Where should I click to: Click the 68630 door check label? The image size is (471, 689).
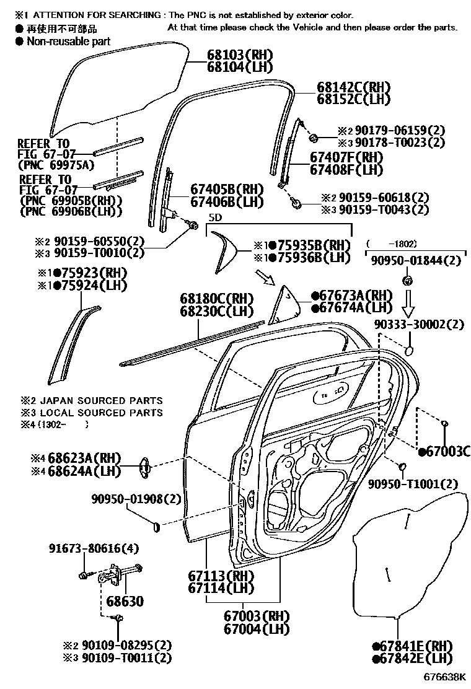click(124, 601)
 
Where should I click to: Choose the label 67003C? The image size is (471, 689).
click(444, 451)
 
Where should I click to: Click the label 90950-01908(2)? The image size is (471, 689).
click(128, 499)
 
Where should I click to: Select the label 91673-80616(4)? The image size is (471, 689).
click(94, 548)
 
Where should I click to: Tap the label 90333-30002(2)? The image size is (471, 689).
click(418, 325)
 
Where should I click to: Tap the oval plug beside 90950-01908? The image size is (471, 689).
click(156, 526)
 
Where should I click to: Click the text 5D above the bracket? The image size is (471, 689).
click(214, 218)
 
